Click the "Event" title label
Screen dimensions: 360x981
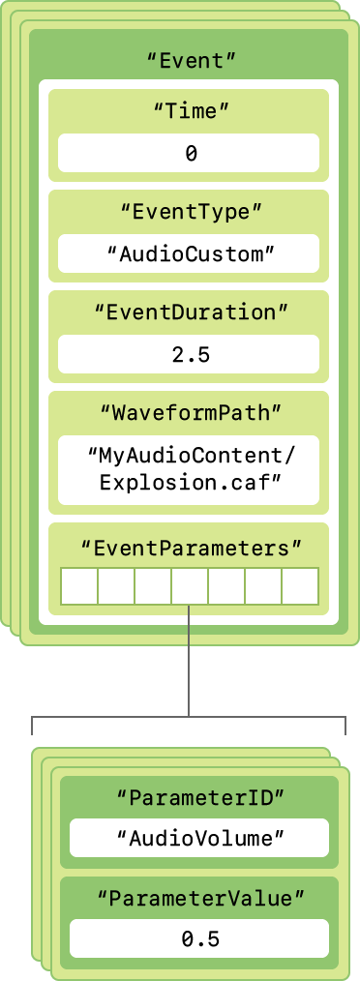tap(190, 59)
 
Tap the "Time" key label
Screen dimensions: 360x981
tap(190, 111)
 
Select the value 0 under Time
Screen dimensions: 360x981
tap(190, 153)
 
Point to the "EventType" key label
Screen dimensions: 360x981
tap(190, 212)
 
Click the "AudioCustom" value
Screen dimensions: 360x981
tap(190, 253)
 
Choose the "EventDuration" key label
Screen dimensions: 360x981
tap(190, 312)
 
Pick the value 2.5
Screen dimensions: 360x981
tap(190, 354)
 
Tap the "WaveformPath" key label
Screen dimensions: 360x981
tap(190, 413)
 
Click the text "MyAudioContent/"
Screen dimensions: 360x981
tap(190, 454)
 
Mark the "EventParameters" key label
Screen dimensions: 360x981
tap(190, 549)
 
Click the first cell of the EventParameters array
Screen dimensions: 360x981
tap(78, 586)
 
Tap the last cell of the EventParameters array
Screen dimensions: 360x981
tap(300, 586)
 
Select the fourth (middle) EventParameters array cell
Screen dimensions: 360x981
tap(190, 586)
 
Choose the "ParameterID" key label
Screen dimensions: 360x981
tap(198, 798)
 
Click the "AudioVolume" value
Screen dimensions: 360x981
tap(198, 839)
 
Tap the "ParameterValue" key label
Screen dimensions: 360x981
tap(198, 899)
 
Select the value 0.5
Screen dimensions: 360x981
tap(198, 939)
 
